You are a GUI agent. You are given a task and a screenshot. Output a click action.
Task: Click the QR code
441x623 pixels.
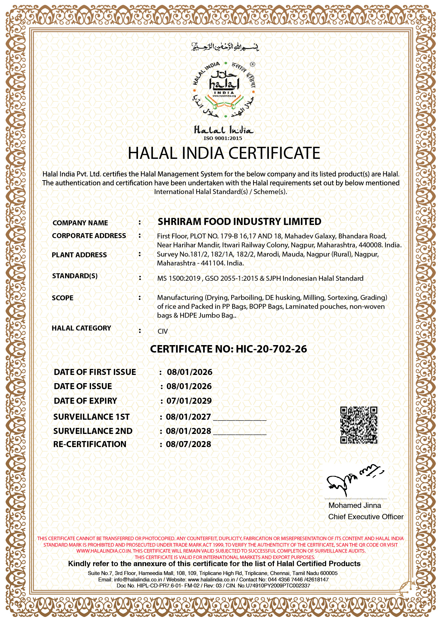pyautogui.click(x=358, y=425)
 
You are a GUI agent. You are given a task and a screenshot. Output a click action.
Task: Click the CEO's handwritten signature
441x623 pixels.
pyautogui.click(x=354, y=479)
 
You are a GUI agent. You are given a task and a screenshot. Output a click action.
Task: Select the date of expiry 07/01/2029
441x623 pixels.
pyautogui.click(x=189, y=401)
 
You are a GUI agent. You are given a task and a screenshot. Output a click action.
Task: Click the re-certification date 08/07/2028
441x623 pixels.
pyautogui.click(x=188, y=444)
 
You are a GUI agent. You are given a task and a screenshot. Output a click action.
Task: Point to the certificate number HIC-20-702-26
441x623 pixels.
pyautogui.click(x=271, y=349)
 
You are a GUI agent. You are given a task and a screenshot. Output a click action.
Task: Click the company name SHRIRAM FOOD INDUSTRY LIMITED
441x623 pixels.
pyautogui.click(x=239, y=222)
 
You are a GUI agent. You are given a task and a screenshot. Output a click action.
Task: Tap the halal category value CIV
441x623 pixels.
pyautogui.click(x=163, y=331)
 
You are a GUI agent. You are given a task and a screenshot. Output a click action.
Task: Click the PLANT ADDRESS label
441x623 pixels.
pyautogui.click(x=79, y=255)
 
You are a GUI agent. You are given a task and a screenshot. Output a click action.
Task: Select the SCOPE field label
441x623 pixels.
pyautogui.click(x=63, y=298)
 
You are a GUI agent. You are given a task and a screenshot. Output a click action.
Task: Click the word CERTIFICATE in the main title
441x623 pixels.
pyautogui.click(x=274, y=153)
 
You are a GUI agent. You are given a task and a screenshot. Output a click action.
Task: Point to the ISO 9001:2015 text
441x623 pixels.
pyautogui.click(x=223, y=138)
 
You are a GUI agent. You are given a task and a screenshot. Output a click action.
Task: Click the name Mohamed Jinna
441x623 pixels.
pyautogui.click(x=355, y=505)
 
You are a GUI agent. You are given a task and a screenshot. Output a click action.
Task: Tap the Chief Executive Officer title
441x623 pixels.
pyautogui.click(x=366, y=517)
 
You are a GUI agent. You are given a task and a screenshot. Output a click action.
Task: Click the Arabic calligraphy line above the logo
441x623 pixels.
pyautogui.click(x=225, y=47)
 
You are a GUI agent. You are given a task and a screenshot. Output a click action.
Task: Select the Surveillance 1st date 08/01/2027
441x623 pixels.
pyautogui.click(x=188, y=417)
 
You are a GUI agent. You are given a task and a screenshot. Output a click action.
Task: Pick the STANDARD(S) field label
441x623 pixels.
pyautogui.click(x=75, y=276)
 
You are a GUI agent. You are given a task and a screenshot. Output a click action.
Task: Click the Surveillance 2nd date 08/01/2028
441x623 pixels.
pyautogui.click(x=188, y=431)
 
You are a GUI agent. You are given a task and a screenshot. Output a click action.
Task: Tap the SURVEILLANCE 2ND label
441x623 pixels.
pyautogui.click(x=93, y=431)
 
